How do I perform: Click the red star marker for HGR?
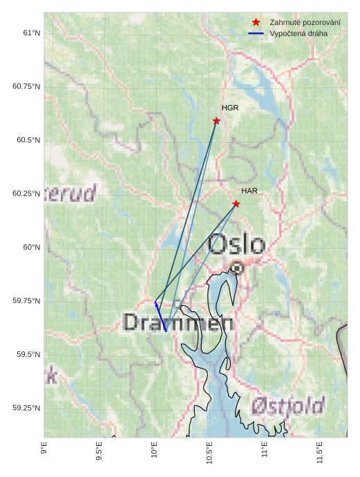tap(216, 121)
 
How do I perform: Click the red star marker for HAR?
tap(236, 204)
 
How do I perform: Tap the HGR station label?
tap(230, 108)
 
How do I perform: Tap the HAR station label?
tap(249, 191)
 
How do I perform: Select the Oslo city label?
tap(236, 244)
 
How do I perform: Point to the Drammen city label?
tap(178, 322)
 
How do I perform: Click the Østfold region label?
tap(288, 405)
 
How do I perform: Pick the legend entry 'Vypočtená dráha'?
tap(299, 33)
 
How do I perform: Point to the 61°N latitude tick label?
tap(31, 33)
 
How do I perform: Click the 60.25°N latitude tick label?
tap(26, 194)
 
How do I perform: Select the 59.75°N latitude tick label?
tap(26, 301)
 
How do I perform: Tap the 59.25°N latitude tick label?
tap(26, 408)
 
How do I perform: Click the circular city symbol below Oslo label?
tap(237, 267)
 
